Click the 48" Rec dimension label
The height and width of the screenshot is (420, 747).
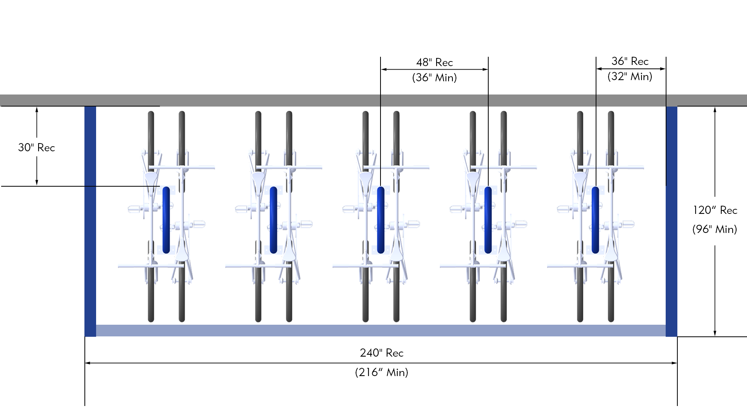pyautogui.click(x=434, y=62)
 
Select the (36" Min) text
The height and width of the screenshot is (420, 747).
pyautogui.click(x=434, y=78)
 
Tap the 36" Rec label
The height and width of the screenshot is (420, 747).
pyautogui.click(x=630, y=61)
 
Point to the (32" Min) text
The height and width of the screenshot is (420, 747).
pyautogui.click(x=630, y=76)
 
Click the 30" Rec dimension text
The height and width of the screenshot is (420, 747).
pyautogui.click(x=37, y=147)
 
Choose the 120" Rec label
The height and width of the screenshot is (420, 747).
pyautogui.click(x=715, y=210)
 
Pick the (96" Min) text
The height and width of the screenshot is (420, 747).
pyautogui.click(x=715, y=229)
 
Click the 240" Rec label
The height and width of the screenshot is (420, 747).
pyautogui.click(x=381, y=353)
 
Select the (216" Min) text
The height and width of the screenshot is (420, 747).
pyautogui.click(x=381, y=372)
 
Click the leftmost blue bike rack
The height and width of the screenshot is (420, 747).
pyautogui.click(x=166, y=220)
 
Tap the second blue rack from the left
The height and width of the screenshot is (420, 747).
pyautogui.click(x=274, y=220)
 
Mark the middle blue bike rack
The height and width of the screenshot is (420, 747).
pyautogui.click(x=381, y=220)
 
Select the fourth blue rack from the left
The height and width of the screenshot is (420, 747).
pyautogui.click(x=488, y=220)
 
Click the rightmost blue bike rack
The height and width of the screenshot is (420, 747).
pyautogui.click(x=595, y=220)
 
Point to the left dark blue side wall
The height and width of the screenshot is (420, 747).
pyautogui.click(x=90, y=222)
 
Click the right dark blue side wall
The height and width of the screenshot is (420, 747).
pyautogui.click(x=672, y=222)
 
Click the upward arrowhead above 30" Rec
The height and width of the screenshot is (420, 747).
pyautogui.click(x=37, y=110)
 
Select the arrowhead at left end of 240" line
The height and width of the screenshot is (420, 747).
pyautogui.click(x=88, y=363)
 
